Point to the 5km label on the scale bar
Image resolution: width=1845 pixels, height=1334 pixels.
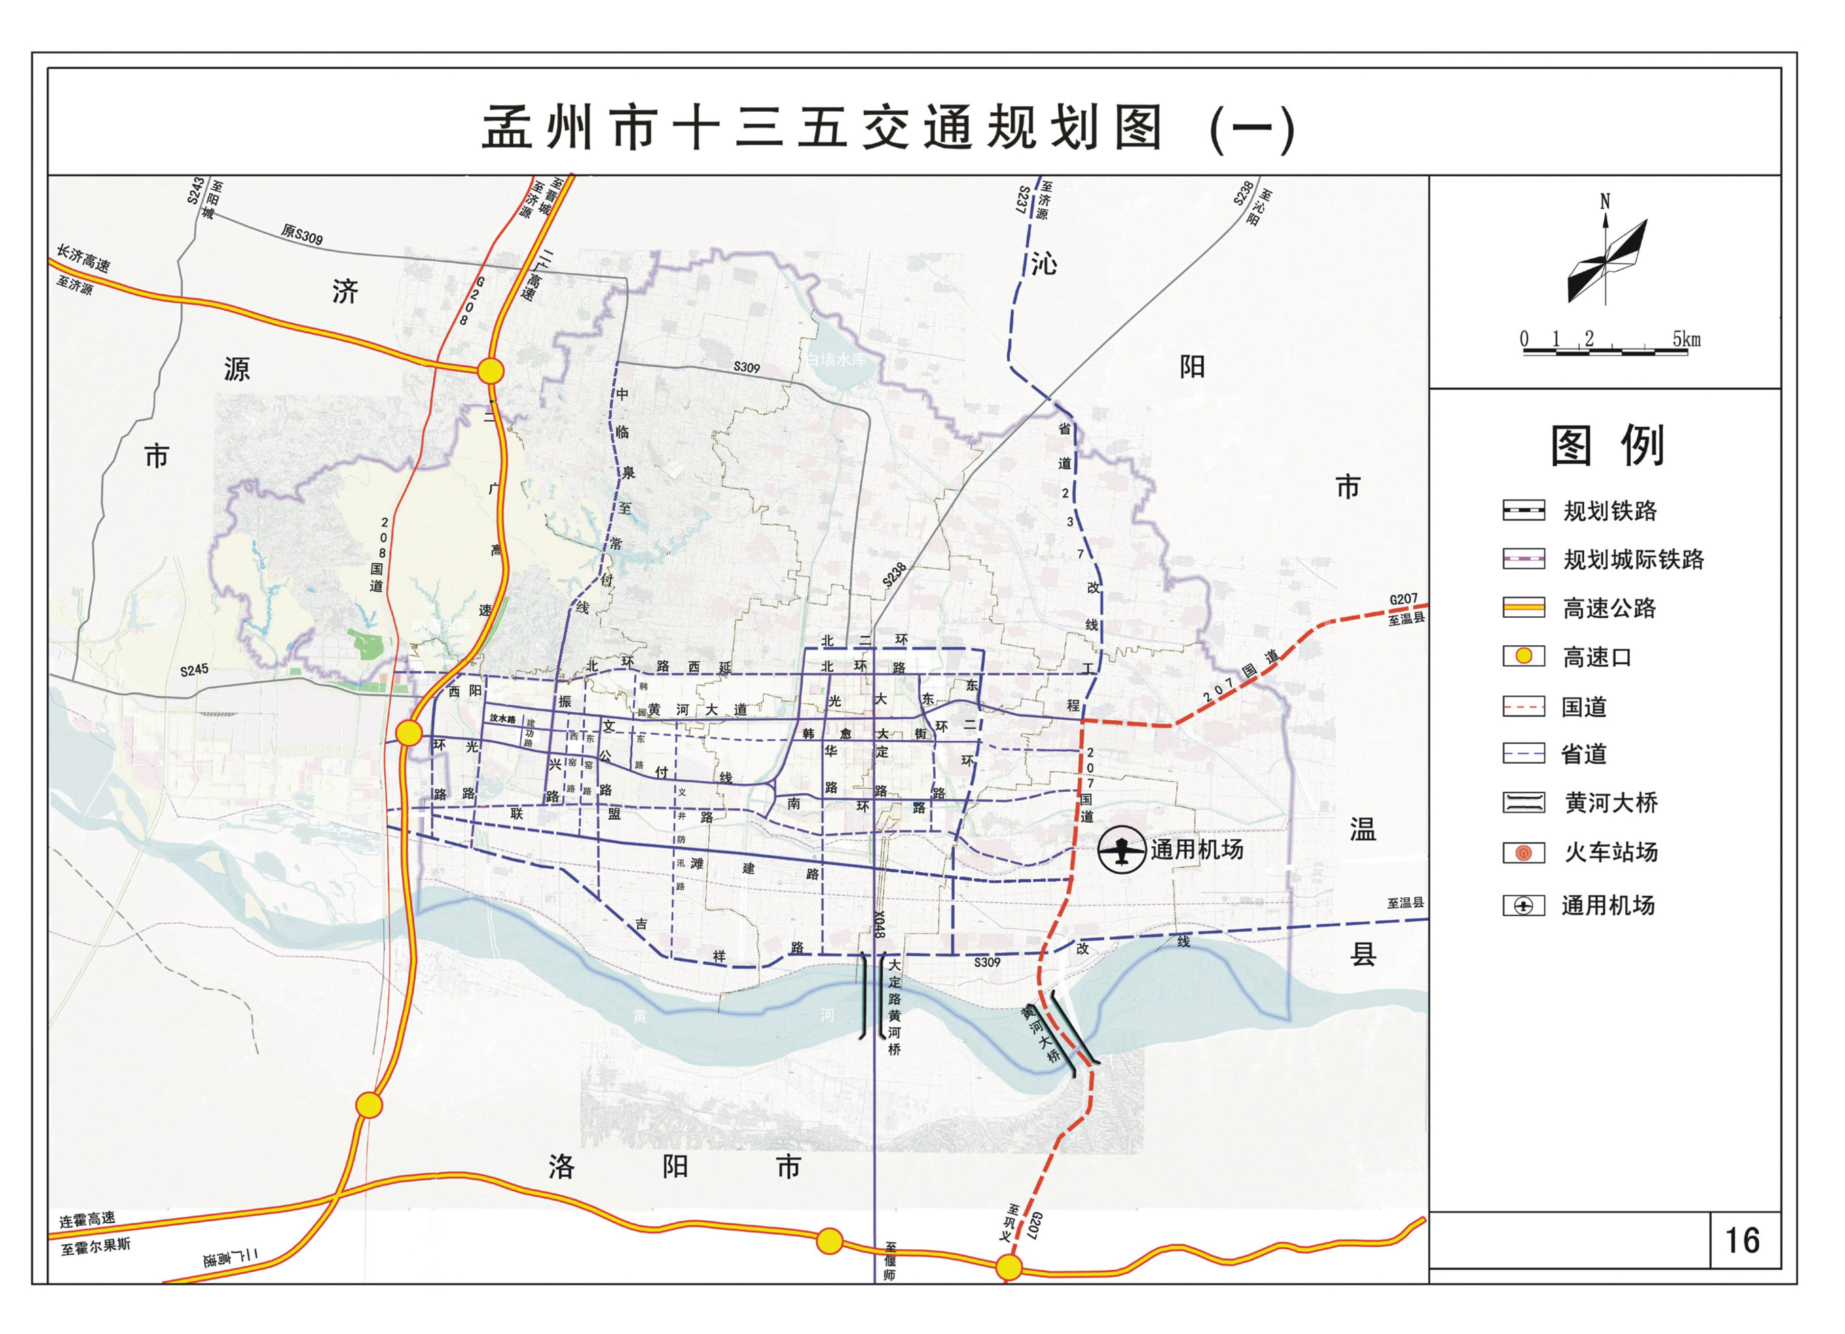1686,339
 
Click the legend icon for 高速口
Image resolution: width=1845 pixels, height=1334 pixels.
1523,655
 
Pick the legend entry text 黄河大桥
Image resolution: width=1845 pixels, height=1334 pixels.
1611,803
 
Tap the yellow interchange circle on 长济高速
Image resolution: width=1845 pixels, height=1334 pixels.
491,371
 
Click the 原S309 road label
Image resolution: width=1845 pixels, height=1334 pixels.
302,235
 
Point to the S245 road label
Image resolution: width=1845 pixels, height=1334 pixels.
195,670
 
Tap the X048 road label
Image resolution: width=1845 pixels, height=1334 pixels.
878,925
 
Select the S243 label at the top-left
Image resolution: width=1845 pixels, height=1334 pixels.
195,190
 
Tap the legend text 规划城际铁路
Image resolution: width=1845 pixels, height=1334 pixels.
1633,559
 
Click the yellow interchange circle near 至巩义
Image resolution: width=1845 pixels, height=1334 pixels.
1009,1266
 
